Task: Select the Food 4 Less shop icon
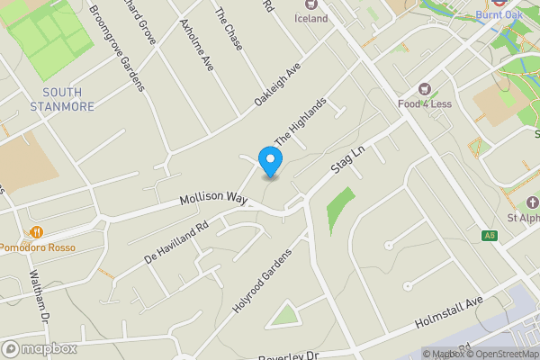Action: pos(426,90)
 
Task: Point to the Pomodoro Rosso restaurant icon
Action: pos(38,232)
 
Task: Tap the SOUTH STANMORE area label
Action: pos(62,100)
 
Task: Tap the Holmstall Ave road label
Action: pos(449,312)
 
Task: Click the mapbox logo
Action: pos(40,348)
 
